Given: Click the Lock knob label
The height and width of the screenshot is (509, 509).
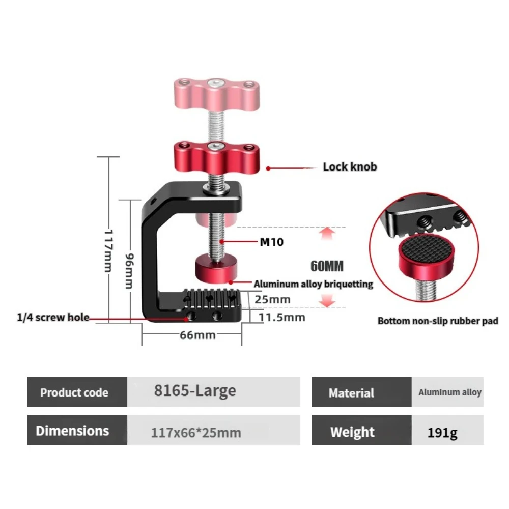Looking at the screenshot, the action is click(x=350, y=167).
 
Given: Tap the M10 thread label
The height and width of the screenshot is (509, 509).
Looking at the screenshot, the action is click(x=272, y=242).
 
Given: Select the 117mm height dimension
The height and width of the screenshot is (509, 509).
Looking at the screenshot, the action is click(x=108, y=250).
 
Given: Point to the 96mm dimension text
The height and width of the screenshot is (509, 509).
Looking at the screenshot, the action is click(x=129, y=271).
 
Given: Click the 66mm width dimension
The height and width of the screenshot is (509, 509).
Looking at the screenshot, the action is click(x=197, y=335).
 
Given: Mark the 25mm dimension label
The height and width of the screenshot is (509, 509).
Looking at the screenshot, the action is click(x=272, y=299).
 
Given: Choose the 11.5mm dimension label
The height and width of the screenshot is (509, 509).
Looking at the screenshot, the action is click(x=282, y=317).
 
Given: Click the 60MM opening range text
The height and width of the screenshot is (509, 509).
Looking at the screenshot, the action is click(x=327, y=266).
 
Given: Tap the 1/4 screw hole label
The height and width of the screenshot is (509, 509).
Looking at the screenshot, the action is click(x=53, y=317).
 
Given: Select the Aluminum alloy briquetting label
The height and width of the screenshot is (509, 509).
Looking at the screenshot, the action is click(x=313, y=284).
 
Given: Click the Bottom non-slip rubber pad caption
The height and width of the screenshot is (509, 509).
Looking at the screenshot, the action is click(x=438, y=321).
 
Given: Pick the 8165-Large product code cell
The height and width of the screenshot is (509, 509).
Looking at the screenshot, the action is click(x=214, y=392).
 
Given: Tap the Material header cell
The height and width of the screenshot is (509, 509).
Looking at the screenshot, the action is click(x=361, y=392).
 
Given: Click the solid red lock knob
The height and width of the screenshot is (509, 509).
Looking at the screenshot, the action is click(x=217, y=158).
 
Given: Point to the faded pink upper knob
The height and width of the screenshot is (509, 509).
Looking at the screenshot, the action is click(x=217, y=95).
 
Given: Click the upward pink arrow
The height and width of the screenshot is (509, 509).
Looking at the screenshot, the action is click(x=327, y=234).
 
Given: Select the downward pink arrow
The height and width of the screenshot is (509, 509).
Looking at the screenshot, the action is click(x=327, y=301).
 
